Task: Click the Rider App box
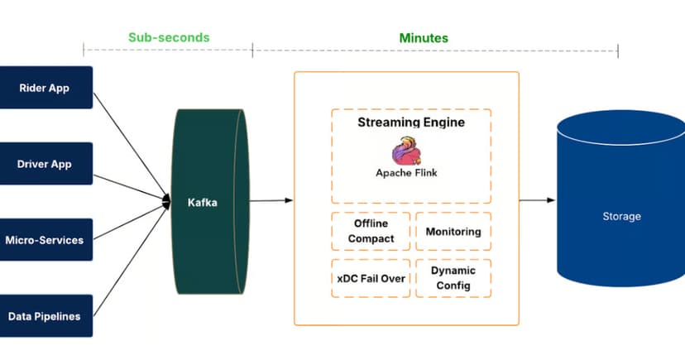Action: click(x=46, y=88)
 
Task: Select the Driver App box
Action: click(x=46, y=164)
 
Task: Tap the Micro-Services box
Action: click(x=46, y=240)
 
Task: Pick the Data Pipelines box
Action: click(x=46, y=316)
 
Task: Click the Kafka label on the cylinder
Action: click(x=202, y=202)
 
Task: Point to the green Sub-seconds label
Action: click(x=169, y=38)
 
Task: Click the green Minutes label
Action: click(x=424, y=38)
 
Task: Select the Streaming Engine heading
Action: click(x=411, y=122)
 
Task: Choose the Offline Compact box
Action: click(x=371, y=232)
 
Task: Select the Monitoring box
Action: click(x=453, y=232)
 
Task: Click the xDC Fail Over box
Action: click(x=371, y=278)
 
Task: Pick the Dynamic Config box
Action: click(x=453, y=278)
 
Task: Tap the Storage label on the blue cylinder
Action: click(x=621, y=217)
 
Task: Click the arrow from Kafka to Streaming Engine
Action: click(x=271, y=200)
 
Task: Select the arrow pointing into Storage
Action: click(x=538, y=200)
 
